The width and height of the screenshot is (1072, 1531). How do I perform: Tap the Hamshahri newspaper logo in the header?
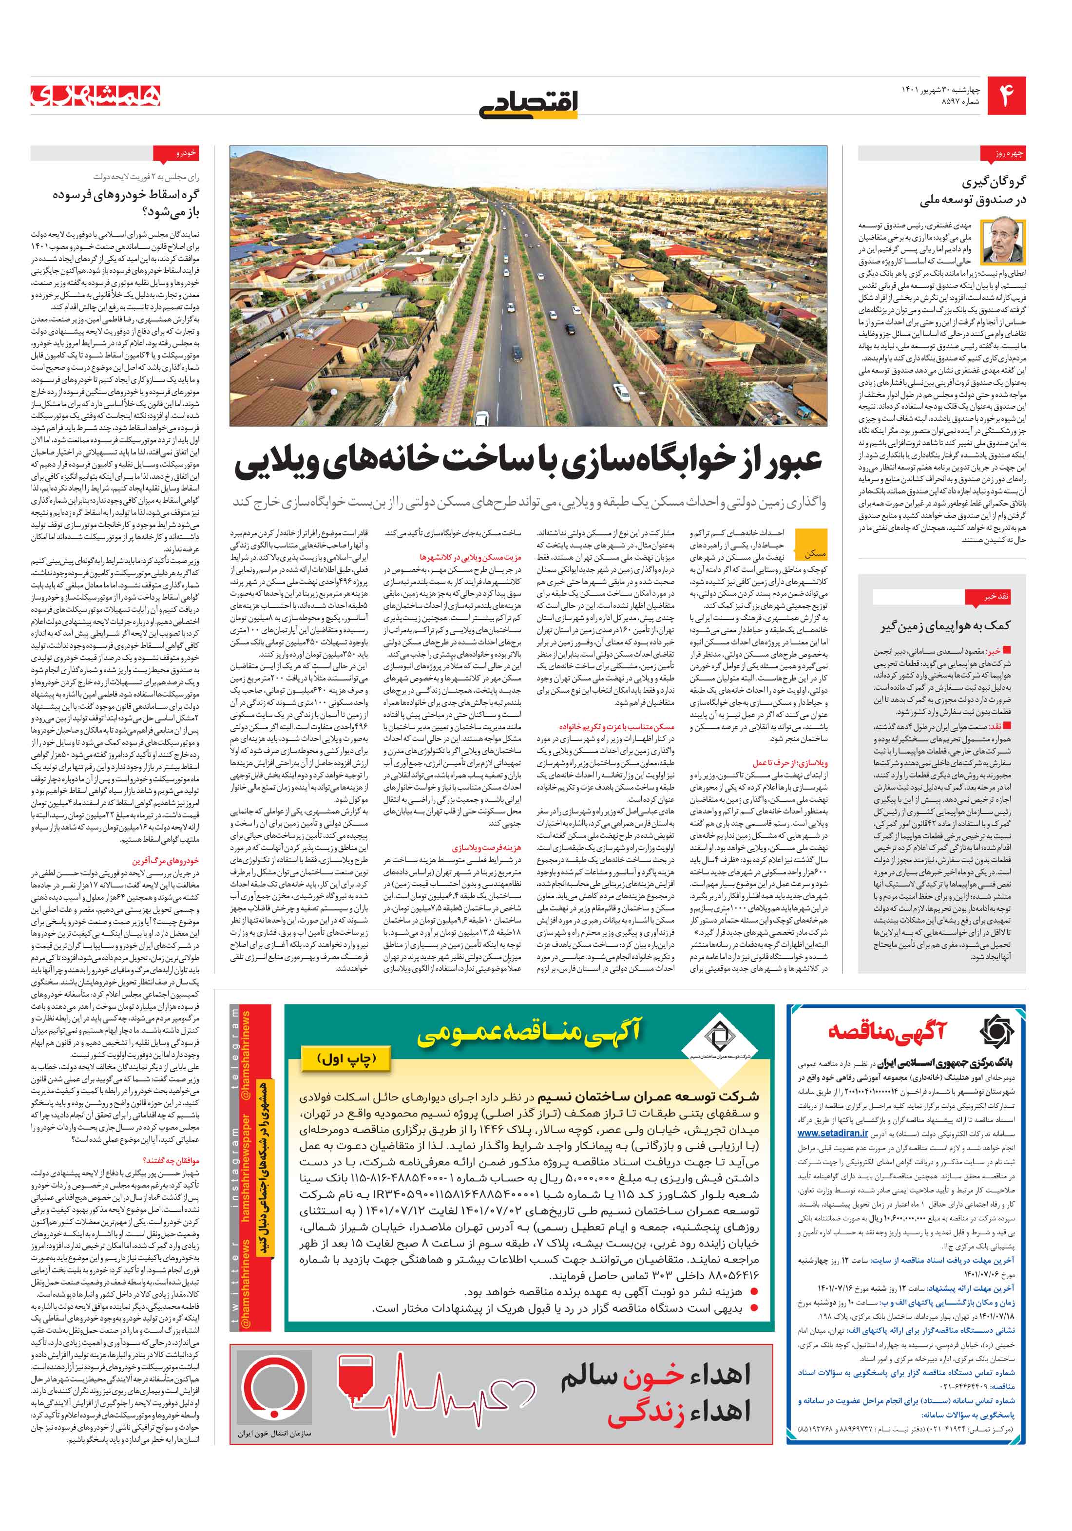tap(96, 96)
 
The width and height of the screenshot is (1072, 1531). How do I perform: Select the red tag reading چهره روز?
tap(1009, 154)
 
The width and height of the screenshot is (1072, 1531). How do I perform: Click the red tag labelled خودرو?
tap(185, 153)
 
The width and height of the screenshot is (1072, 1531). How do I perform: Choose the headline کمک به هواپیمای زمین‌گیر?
tap(945, 625)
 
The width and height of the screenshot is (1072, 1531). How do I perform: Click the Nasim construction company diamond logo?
tap(718, 1036)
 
